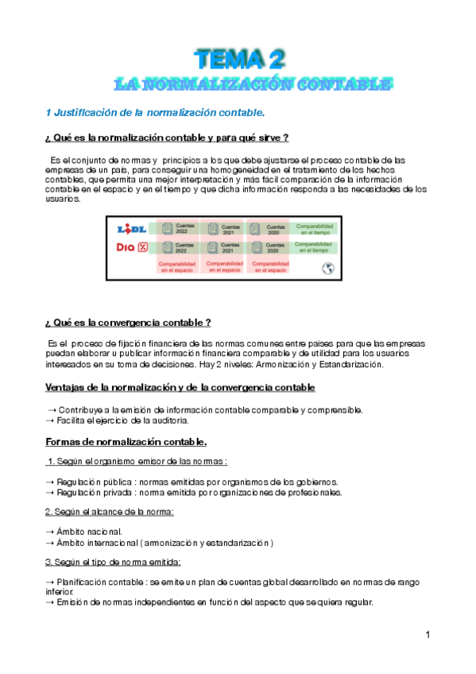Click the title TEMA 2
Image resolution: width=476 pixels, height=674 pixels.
click(x=241, y=59)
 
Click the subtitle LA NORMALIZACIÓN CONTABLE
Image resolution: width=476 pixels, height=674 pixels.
click(x=252, y=83)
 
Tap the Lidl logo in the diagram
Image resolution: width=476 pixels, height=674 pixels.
click(x=133, y=229)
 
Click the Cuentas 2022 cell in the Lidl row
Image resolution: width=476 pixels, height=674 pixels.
click(x=178, y=229)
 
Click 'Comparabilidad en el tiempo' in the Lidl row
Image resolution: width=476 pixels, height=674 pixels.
click(x=315, y=229)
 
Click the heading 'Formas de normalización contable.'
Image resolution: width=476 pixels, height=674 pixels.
click(x=126, y=441)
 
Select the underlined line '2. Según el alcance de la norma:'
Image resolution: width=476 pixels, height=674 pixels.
click(x=109, y=512)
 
